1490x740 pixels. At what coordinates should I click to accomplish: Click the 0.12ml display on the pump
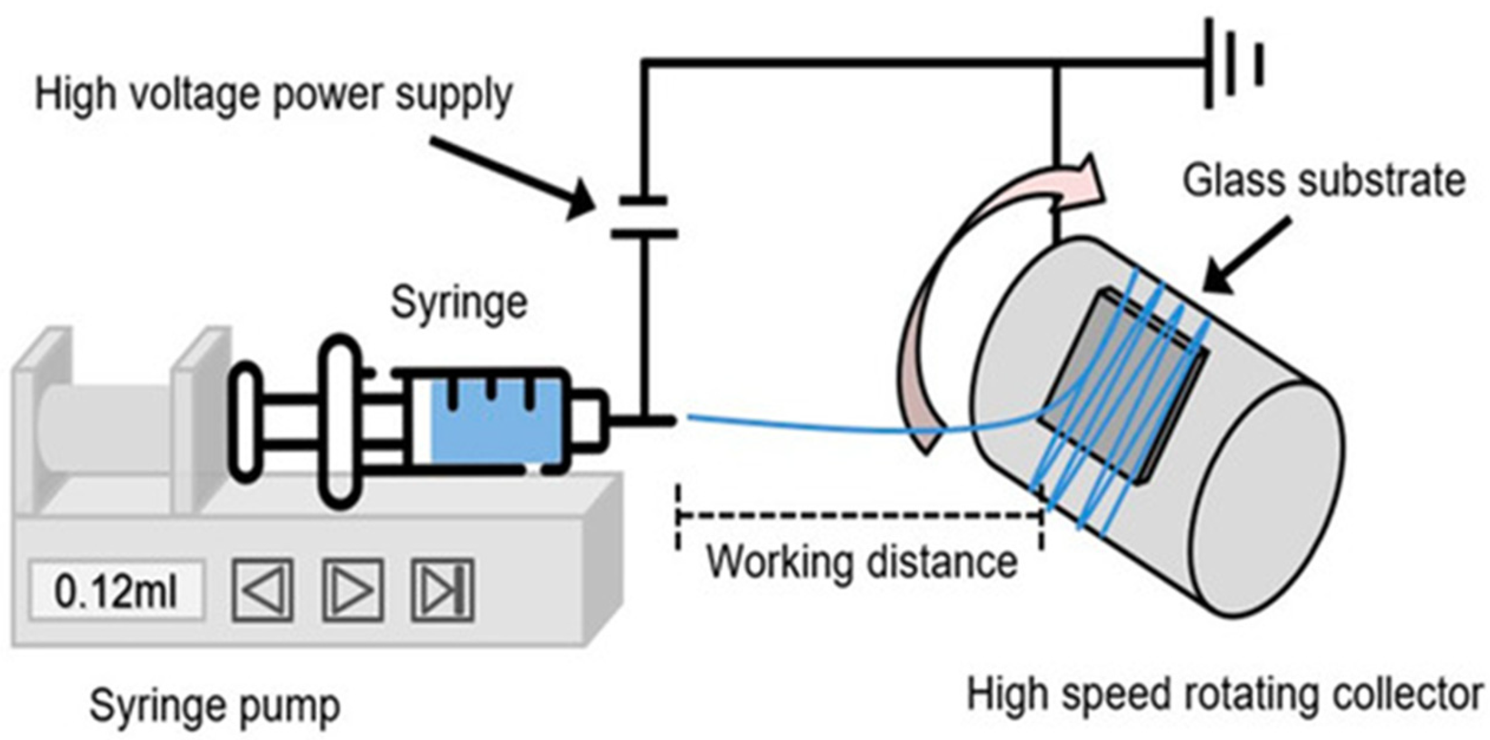pos(117,591)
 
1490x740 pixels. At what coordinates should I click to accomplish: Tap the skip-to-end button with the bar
pos(442,590)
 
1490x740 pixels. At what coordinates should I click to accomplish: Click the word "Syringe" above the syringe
pos(459,303)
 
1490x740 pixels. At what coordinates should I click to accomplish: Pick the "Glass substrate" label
pos(1324,181)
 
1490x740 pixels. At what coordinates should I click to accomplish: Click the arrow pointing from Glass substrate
pos(1248,254)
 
